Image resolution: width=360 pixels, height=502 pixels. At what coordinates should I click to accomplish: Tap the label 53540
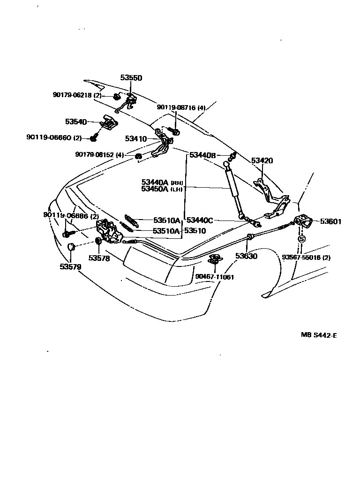76,122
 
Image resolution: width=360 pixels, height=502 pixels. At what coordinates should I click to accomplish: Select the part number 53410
136,139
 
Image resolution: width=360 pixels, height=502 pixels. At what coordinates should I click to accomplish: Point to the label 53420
262,160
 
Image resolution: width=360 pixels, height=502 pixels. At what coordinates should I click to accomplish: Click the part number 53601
331,221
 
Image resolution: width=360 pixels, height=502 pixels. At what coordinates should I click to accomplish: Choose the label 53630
247,256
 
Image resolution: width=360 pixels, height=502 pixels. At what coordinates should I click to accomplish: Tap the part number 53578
100,258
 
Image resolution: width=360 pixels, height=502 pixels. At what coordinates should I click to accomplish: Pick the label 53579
70,266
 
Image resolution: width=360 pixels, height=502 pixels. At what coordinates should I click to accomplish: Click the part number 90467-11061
215,277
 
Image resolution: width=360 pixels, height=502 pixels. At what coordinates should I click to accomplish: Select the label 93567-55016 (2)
306,258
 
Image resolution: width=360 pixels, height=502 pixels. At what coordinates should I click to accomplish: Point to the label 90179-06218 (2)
77,95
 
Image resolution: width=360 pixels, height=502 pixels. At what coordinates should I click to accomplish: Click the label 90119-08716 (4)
181,107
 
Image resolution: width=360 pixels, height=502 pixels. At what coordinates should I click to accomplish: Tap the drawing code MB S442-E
319,335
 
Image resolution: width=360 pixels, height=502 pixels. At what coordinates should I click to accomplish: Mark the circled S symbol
301,239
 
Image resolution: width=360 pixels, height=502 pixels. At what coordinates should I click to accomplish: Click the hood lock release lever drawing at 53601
302,221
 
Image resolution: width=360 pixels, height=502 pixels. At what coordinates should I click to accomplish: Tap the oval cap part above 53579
70,248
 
